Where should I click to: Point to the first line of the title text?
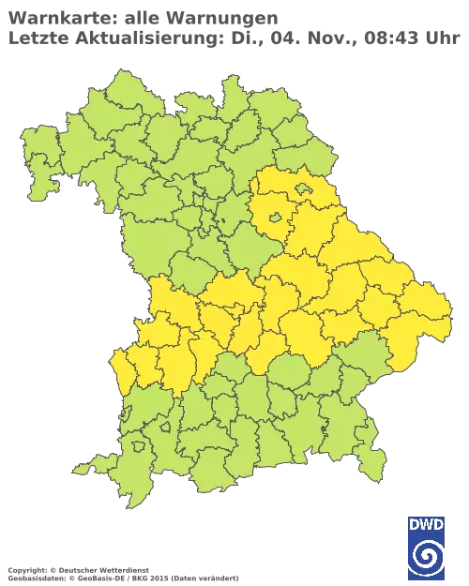tap(142, 15)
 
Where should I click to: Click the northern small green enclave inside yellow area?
tap(303, 188)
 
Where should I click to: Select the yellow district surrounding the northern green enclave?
tap(281, 197)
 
